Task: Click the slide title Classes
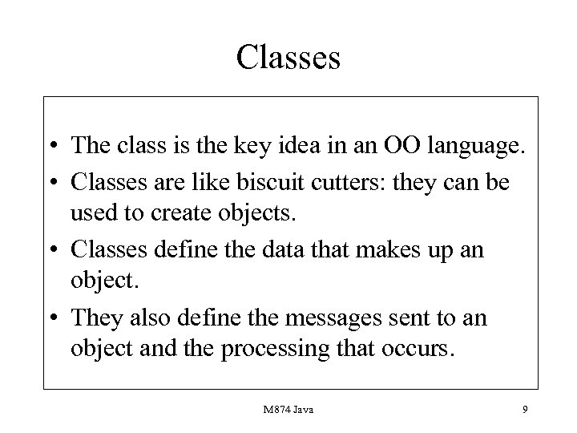tap(288, 58)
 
